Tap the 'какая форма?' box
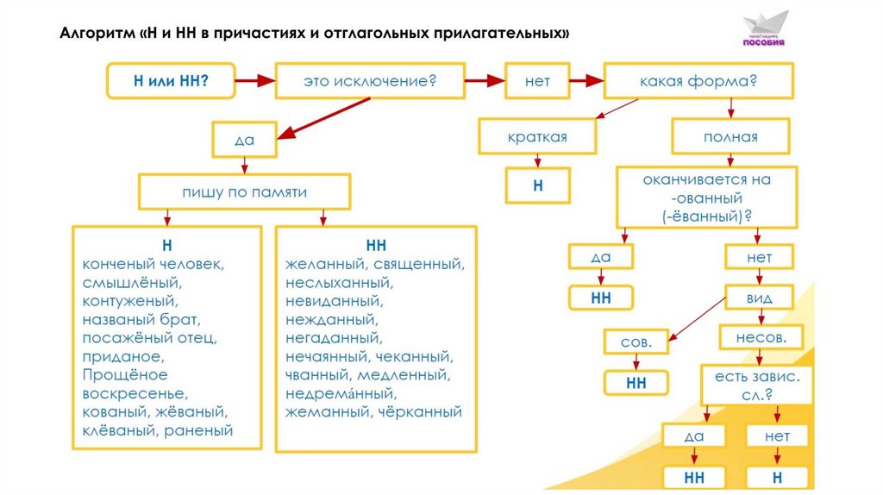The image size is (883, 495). (698, 82)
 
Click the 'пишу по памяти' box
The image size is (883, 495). (244, 192)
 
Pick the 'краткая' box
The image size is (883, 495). (536, 137)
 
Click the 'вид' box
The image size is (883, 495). (759, 298)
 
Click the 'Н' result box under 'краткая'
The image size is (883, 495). (537, 185)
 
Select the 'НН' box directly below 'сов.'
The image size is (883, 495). (636, 382)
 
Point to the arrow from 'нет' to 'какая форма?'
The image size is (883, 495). (586, 82)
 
